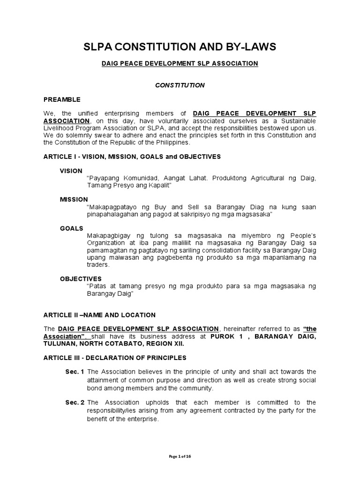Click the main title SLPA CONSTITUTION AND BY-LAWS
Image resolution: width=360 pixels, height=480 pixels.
pos(180,47)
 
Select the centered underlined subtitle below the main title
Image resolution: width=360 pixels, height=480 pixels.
pos(180,63)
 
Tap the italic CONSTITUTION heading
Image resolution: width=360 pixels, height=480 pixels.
pos(180,85)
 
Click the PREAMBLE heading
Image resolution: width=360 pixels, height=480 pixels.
pos(62,99)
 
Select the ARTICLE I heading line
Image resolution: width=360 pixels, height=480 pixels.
pos(132,156)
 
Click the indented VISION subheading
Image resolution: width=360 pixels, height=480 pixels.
pos(71,171)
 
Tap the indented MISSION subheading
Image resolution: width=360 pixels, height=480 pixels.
pos(74,199)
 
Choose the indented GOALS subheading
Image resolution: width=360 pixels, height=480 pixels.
pos(71,228)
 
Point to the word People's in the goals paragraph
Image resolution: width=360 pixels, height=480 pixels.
pos(302,235)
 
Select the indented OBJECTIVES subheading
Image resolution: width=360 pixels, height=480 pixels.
pos(81,278)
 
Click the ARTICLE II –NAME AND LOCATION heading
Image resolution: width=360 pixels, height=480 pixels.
pos(99,315)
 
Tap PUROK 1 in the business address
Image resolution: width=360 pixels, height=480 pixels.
pos(224,336)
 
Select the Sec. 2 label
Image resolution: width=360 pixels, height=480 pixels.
pos(75,402)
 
